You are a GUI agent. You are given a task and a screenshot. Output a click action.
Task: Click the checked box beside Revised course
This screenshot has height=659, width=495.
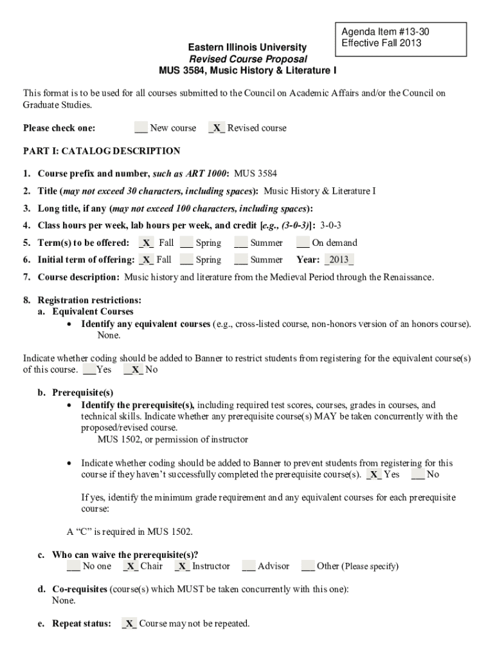point(217,128)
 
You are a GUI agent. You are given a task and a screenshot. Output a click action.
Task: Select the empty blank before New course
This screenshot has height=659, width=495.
point(141,128)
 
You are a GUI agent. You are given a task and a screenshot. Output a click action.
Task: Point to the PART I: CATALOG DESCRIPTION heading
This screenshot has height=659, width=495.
point(102,151)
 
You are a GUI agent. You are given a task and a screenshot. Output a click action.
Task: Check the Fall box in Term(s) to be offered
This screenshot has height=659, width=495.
point(146,243)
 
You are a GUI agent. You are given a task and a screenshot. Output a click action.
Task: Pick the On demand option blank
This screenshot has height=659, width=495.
point(302,243)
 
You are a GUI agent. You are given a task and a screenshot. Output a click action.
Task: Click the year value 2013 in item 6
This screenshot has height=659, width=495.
point(339,260)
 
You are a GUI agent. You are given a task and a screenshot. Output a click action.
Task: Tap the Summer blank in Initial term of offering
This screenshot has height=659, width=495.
point(241,260)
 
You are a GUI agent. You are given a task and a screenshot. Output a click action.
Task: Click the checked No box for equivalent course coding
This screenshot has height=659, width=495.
point(132,370)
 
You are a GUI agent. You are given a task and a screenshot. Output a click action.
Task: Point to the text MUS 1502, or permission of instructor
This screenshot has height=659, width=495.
point(172,440)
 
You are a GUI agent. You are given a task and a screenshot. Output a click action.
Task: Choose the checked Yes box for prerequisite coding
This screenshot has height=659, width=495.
point(373,475)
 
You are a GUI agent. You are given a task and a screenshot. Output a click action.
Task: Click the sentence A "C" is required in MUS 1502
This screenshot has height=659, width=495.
point(130,532)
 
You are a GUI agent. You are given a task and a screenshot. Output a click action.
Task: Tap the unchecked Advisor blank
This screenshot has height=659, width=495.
point(249,566)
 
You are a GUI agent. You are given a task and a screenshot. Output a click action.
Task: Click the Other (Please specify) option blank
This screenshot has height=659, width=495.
point(307,566)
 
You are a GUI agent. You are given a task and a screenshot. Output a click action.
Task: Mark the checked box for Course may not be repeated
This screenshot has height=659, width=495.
point(129,624)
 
